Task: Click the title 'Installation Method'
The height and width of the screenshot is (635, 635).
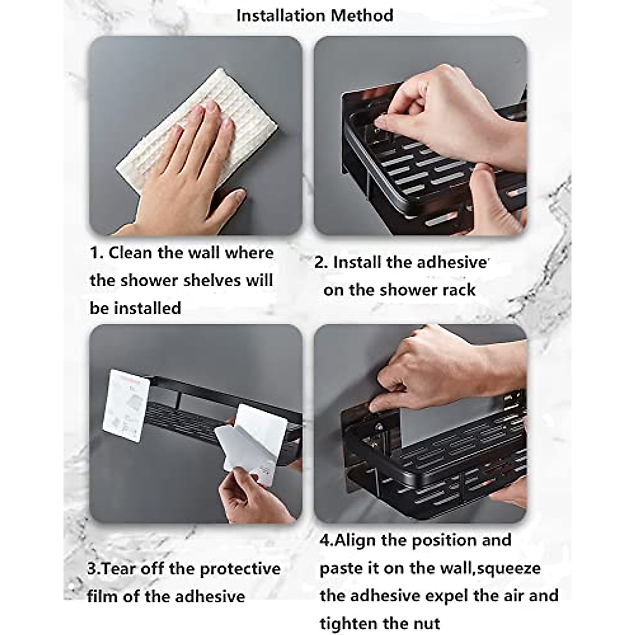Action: click(314, 15)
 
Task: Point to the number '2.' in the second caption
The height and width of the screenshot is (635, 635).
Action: click(321, 262)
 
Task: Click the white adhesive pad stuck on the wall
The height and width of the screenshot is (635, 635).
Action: click(125, 405)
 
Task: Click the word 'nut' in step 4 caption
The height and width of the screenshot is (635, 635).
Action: click(426, 623)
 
